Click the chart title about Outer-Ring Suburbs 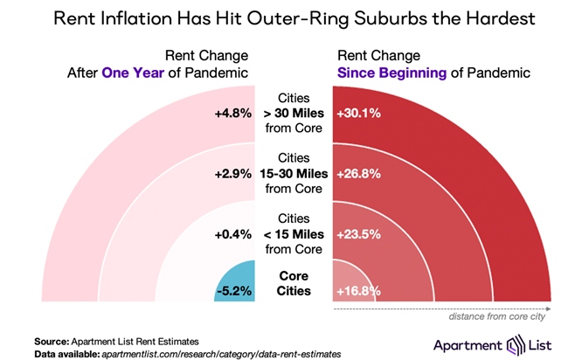(284, 19)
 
